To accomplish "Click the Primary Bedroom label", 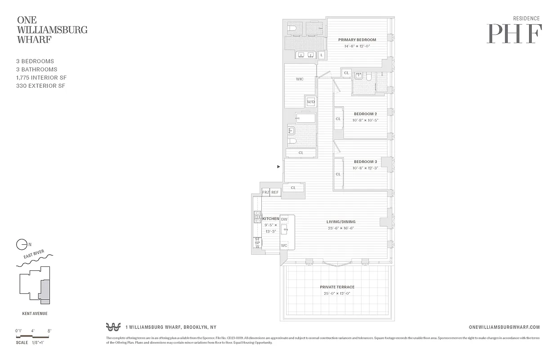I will point(357,40).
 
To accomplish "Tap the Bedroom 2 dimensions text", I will point(365,120).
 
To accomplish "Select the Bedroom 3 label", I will point(365,162).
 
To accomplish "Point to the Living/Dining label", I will point(341,221).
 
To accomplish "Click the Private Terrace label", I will point(337,287).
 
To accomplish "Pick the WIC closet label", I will point(300,79).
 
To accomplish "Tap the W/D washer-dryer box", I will point(310,102).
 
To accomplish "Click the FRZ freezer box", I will point(266,193).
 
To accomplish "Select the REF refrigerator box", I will point(275,193).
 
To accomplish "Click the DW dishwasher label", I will point(284,219).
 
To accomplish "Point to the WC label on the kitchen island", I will point(284,246).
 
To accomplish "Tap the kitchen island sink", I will point(285,230).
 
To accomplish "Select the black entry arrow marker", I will point(278,166).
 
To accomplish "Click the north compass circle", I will point(21,245).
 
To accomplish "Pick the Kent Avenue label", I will point(35,314).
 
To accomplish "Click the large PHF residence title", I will point(514,34).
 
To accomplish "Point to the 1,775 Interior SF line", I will point(41,77).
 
